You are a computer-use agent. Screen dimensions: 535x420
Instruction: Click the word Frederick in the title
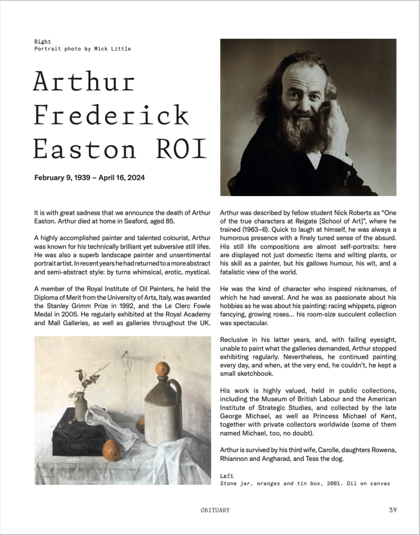coord(111,115)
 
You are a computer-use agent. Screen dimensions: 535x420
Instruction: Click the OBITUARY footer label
coord(215,510)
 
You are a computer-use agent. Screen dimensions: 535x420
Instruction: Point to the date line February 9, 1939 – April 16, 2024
coord(89,178)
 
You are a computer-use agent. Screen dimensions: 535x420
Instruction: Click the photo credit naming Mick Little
coord(82,49)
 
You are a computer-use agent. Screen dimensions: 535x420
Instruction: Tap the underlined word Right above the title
coord(42,41)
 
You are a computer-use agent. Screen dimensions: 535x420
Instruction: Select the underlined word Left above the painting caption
coord(227,476)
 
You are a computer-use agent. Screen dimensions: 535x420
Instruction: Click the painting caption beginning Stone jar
coord(305,484)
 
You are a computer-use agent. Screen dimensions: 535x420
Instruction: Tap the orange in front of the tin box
coord(112,450)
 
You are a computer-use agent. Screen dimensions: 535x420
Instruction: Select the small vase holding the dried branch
coord(80,407)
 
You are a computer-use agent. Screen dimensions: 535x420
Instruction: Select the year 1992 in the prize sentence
coord(122,306)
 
